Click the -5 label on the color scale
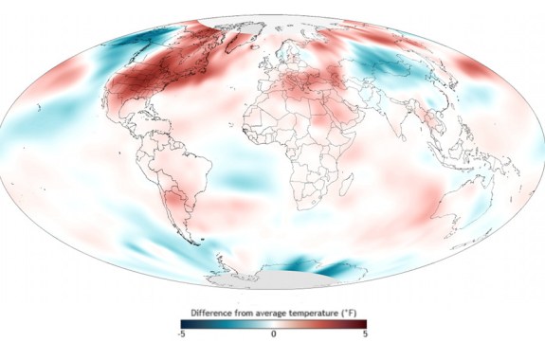coord(182,334)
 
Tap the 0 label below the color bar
coord(273,334)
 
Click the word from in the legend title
coord(245,310)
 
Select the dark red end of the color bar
coord(361,323)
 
